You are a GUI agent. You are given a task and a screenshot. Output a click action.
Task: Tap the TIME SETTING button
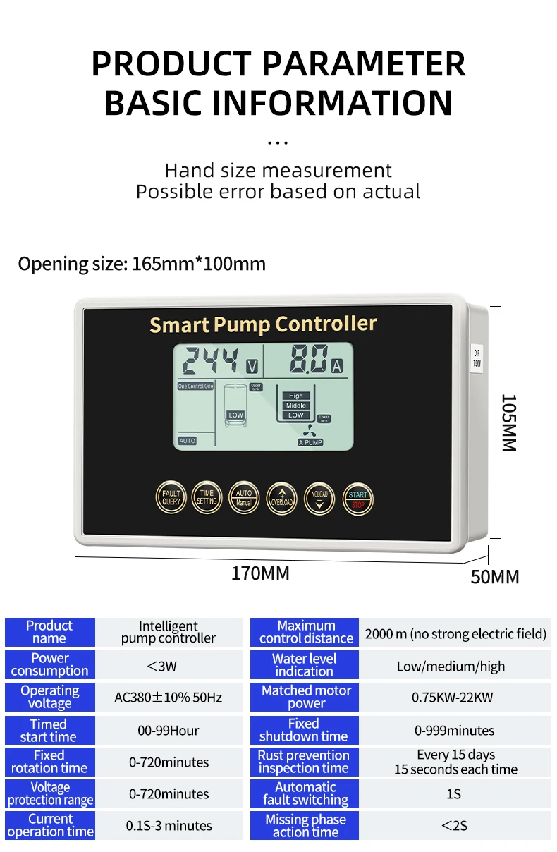(x=207, y=498)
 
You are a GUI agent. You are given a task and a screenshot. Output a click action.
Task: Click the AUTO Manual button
(x=245, y=498)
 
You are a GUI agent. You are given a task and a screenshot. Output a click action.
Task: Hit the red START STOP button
(x=357, y=499)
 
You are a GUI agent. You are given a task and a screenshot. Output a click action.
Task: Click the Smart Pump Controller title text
(x=263, y=324)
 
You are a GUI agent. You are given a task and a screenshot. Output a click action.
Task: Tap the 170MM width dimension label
(x=260, y=573)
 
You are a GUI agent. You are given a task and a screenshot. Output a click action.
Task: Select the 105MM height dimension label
(x=508, y=422)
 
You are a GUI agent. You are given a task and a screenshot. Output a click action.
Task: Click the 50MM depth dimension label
(x=495, y=577)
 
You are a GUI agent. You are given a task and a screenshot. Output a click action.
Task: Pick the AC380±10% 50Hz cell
(x=169, y=698)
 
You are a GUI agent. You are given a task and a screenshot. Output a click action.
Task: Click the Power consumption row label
(x=49, y=664)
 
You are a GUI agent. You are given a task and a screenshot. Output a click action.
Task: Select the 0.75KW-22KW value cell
(x=453, y=698)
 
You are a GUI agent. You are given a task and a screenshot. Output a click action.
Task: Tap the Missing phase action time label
(x=305, y=826)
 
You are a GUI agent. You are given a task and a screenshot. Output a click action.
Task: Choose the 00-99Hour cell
(x=169, y=731)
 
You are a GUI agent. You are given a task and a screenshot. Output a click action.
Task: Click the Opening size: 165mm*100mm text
(x=142, y=264)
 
